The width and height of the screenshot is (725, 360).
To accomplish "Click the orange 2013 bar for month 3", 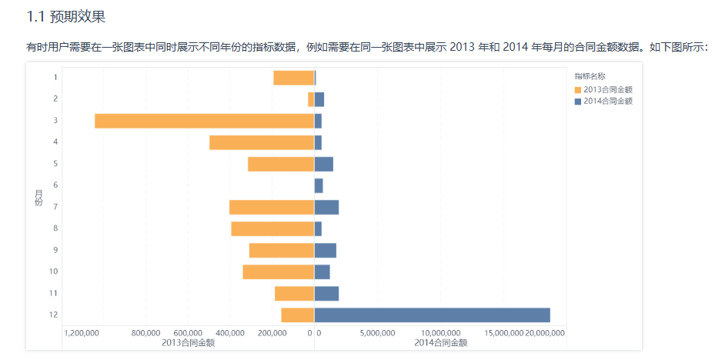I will click(x=204, y=121).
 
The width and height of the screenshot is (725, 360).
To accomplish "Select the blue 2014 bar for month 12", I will click(x=432, y=315).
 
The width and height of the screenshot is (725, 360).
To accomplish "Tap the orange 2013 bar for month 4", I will click(x=262, y=142).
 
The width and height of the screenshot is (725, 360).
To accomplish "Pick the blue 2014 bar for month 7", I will click(x=326, y=207).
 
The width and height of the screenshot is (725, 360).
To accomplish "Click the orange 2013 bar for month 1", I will click(x=293, y=78).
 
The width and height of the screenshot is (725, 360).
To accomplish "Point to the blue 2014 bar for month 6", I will click(x=319, y=185).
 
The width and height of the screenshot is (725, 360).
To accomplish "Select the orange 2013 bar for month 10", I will click(x=278, y=272).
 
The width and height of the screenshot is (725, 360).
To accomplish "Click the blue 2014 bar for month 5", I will click(x=324, y=164).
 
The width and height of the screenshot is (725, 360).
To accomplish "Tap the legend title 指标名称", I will click(x=590, y=76).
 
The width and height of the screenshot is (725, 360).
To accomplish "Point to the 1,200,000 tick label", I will click(x=82, y=333).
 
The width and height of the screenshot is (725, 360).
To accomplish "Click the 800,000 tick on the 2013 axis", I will click(x=146, y=333).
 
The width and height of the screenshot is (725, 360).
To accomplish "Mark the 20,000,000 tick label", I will click(x=545, y=333).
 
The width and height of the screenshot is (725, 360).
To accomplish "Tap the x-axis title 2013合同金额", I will click(x=189, y=342).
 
